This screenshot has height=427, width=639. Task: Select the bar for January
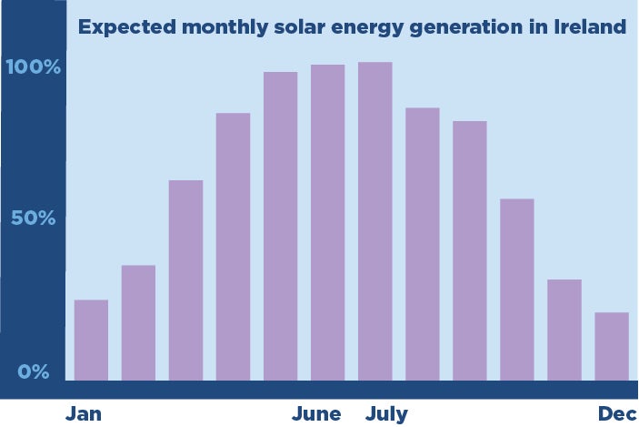91,340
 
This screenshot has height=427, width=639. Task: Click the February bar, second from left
138,322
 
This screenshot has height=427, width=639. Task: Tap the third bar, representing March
185,280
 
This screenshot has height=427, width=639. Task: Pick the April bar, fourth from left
233,247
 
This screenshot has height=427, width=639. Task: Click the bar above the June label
327,222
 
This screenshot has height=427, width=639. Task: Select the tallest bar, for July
374,221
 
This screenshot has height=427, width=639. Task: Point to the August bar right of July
422,244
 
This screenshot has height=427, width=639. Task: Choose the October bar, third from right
516,290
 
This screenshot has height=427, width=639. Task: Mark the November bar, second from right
564,330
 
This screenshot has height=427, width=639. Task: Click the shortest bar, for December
611,346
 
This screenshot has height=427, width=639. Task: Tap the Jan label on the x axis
84,414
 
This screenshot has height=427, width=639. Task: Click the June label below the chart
316,414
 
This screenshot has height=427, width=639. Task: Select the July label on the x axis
386,414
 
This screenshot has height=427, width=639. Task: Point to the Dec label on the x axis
617,414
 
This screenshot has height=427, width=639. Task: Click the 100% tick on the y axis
32,67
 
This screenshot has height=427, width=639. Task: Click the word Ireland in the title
590,27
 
